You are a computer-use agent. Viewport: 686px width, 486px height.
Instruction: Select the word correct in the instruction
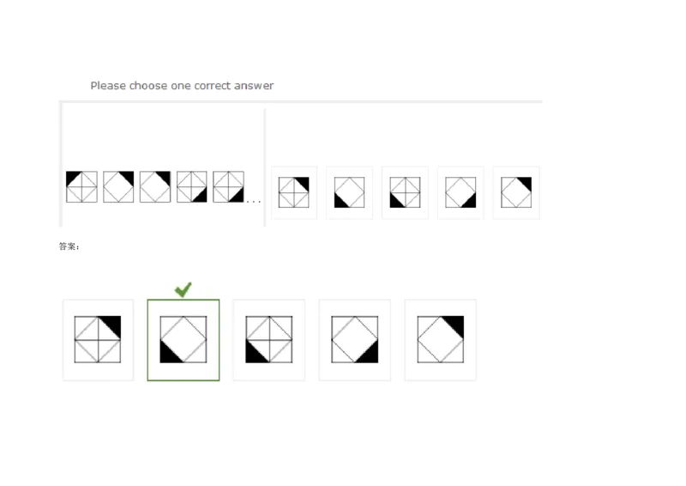(x=212, y=86)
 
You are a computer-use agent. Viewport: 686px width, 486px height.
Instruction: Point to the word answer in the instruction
(x=254, y=86)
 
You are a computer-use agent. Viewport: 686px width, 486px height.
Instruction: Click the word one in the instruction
(x=180, y=86)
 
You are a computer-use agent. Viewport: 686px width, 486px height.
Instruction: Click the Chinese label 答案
(x=68, y=246)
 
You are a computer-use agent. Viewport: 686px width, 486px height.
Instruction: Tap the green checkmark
(x=183, y=289)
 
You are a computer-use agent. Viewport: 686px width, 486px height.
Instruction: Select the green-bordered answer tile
(x=184, y=340)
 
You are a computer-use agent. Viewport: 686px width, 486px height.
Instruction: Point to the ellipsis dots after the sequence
(x=253, y=202)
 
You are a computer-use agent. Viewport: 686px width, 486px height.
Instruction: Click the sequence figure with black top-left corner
(x=81, y=186)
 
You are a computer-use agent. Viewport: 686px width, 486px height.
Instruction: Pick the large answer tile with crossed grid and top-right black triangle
(x=98, y=340)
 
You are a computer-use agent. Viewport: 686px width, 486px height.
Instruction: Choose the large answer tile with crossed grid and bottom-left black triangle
(x=269, y=340)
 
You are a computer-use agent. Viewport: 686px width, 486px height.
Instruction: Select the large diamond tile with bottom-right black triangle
(x=355, y=340)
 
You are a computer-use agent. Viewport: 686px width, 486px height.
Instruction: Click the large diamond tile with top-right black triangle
(x=441, y=340)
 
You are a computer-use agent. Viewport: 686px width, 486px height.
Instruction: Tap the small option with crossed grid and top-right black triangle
(x=294, y=192)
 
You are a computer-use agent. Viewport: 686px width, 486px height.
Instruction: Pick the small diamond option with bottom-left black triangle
(x=350, y=192)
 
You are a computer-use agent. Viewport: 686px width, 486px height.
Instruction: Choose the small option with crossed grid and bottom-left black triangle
(x=405, y=192)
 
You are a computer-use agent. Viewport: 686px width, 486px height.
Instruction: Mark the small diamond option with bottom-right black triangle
(x=460, y=192)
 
